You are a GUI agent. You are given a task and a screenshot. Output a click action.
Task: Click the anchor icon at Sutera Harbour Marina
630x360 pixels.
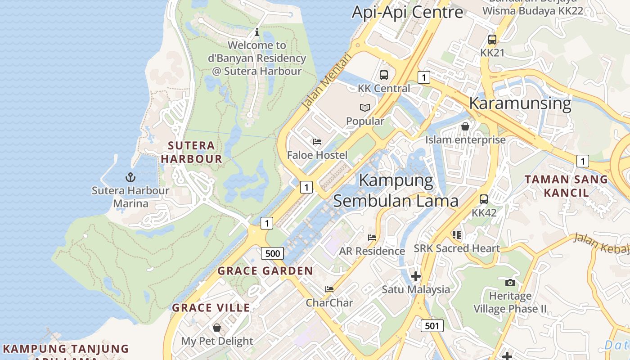pyautogui.click(x=130, y=177)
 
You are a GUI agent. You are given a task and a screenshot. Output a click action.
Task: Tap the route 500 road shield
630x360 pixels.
pyautogui.click(x=272, y=253)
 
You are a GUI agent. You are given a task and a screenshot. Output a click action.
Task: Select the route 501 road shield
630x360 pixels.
pyautogui.click(x=432, y=325)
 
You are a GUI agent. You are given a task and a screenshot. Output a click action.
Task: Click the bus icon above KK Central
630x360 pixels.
pyautogui.click(x=383, y=75)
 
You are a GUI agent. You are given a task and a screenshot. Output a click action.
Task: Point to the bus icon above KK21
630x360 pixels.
pyautogui.click(x=492, y=40)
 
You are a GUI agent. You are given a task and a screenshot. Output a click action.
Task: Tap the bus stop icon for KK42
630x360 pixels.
pyautogui.click(x=484, y=199)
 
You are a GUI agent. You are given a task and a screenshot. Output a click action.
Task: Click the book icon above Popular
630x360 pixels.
pyautogui.click(x=365, y=108)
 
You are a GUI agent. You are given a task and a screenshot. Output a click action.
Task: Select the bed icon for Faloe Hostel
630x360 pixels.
pyautogui.click(x=317, y=142)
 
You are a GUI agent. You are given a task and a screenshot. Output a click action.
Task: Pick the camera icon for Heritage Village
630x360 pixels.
pyautogui.click(x=510, y=283)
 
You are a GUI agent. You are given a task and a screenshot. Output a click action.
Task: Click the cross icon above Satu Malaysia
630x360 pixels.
pyautogui.click(x=416, y=276)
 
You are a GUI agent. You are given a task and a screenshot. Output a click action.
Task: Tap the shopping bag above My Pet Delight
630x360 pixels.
pyautogui.click(x=217, y=328)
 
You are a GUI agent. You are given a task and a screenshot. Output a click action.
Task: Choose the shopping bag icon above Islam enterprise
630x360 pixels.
pyautogui.click(x=465, y=126)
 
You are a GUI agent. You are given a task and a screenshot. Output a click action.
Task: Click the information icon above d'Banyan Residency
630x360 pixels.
pyautogui.click(x=256, y=32)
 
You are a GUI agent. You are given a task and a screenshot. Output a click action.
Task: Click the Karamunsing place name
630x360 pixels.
pyautogui.click(x=520, y=103)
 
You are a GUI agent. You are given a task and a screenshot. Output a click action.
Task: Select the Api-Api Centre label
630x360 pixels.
pyautogui.click(x=407, y=12)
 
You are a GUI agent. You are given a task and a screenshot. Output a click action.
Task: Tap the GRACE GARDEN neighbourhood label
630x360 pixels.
pyautogui.click(x=265, y=271)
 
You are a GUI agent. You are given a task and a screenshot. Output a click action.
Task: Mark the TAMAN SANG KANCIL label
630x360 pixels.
pyautogui.click(x=566, y=186)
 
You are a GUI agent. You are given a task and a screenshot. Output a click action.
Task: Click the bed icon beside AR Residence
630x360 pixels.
pyautogui.click(x=372, y=238)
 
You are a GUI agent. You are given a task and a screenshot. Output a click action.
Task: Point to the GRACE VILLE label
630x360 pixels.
pyautogui.click(x=211, y=308)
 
